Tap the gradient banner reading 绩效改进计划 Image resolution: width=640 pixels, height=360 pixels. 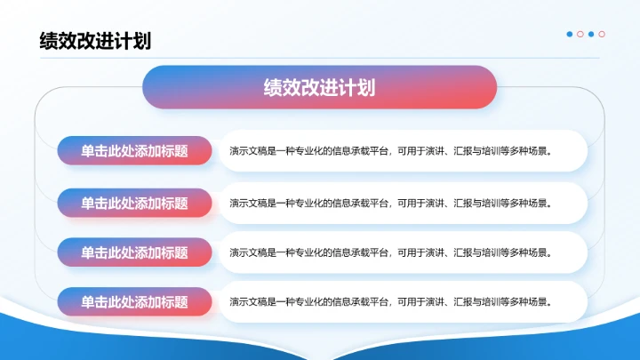[x=319, y=87]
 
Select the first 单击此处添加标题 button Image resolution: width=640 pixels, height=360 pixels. [x=135, y=151]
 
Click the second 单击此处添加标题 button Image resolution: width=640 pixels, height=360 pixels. [x=135, y=203]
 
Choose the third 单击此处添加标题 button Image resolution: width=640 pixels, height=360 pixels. [x=135, y=252]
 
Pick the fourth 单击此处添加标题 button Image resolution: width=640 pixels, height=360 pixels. [x=135, y=302]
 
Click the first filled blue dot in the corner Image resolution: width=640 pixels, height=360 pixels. [x=570, y=35]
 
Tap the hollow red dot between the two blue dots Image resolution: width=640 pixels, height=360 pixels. [x=580, y=35]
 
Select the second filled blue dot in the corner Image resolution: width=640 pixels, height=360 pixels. [x=591, y=35]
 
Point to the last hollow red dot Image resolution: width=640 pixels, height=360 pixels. [x=602, y=35]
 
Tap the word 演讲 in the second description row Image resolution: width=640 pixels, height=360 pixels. [x=436, y=203]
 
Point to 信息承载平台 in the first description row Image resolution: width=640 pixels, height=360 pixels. [x=361, y=151]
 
